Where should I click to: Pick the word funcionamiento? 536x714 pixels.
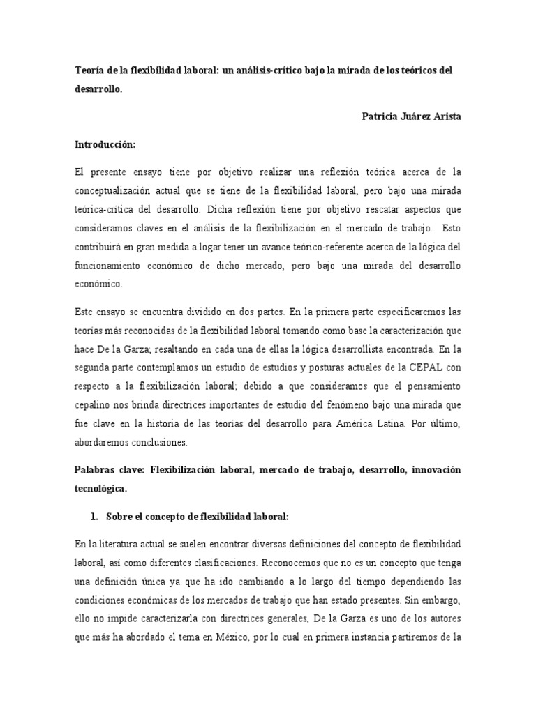point(110,266)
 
